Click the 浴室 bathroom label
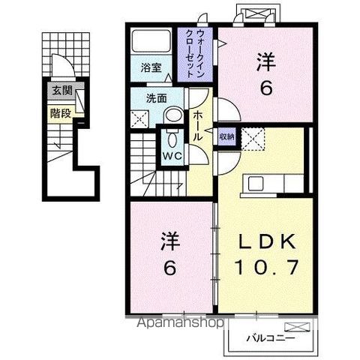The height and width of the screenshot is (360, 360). (x=151, y=67)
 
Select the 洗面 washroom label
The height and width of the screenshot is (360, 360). (x=156, y=97)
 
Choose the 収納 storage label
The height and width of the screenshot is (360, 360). (x=226, y=136)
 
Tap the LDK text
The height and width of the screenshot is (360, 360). (x=267, y=241)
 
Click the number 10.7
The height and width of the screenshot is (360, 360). (x=267, y=266)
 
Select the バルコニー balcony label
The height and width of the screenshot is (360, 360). (x=268, y=337)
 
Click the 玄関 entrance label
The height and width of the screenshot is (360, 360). (x=61, y=91)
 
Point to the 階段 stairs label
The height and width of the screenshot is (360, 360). (x=61, y=114)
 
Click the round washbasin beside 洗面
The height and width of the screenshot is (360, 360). (x=172, y=115)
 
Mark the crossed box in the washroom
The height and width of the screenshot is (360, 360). (x=139, y=118)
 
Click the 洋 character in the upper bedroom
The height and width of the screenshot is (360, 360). (x=265, y=63)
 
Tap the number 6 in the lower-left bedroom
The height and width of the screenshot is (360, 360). (x=170, y=267)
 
